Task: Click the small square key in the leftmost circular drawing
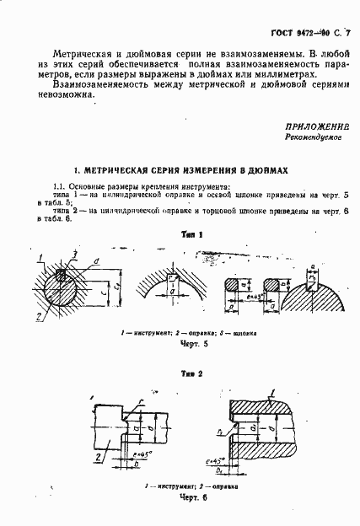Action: [x=61, y=274]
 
